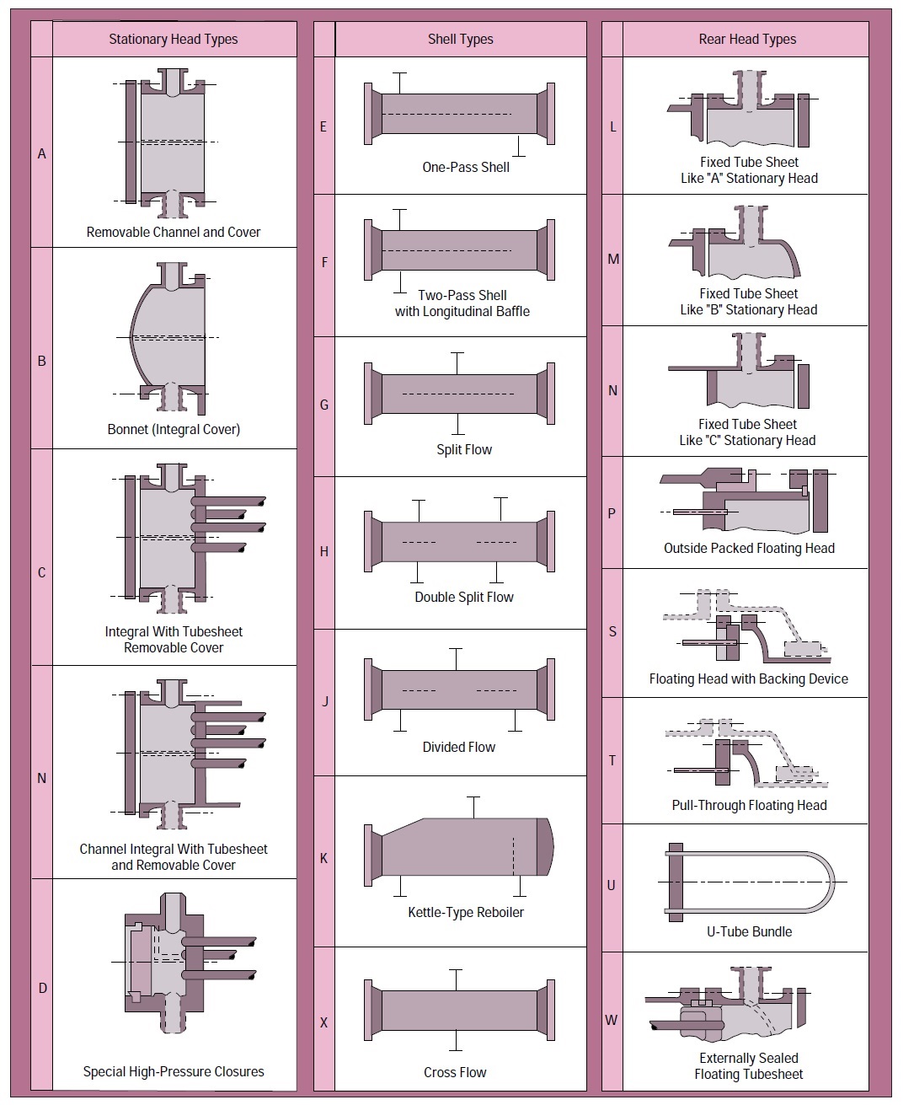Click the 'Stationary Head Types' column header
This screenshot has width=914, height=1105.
(x=173, y=40)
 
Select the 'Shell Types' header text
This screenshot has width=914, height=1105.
(x=460, y=40)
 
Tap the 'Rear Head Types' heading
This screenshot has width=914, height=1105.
(x=747, y=40)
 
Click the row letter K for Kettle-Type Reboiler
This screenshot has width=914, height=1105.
(x=324, y=859)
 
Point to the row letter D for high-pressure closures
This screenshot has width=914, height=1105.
(x=43, y=988)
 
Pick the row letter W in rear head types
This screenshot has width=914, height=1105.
(x=612, y=1020)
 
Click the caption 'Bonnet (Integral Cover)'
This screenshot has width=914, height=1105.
(x=174, y=429)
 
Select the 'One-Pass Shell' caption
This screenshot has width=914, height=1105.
(x=466, y=167)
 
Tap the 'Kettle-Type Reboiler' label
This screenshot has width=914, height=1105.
(x=466, y=912)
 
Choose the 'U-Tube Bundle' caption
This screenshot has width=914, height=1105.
(x=749, y=931)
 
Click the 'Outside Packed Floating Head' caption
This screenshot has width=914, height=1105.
(x=749, y=548)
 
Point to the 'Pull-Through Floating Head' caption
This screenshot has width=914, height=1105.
(x=749, y=805)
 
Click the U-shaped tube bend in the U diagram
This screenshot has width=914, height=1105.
(x=829, y=882)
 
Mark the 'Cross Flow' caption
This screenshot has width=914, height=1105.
(x=455, y=1072)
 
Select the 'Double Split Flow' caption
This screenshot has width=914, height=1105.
(x=464, y=597)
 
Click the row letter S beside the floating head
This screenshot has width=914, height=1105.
(x=612, y=631)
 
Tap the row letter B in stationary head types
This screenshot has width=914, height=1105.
(x=42, y=362)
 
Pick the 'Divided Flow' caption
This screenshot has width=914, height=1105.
(x=459, y=747)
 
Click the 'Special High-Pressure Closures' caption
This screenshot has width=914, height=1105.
(x=174, y=1071)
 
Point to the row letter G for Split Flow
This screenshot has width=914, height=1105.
(x=324, y=405)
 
